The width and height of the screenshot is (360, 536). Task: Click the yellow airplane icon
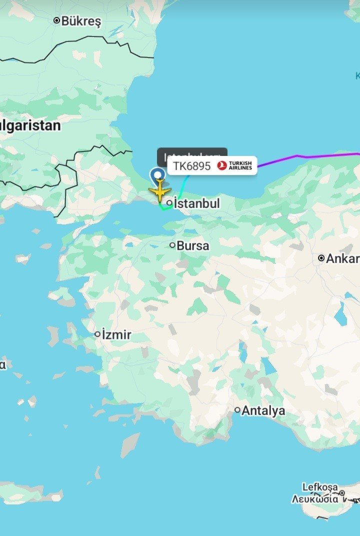click(159, 192)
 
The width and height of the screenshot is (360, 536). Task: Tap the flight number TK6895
click(191, 166)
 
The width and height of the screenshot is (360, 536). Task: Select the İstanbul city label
click(197, 203)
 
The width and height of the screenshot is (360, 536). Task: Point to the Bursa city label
click(193, 246)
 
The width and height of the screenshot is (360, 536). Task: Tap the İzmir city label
click(116, 334)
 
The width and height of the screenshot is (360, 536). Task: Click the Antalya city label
click(263, 411)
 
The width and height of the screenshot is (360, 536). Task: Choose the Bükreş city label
click(81, 21)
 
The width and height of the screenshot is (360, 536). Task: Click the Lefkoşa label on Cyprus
click(320, 487)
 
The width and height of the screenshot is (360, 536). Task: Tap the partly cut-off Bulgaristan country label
click(30, 125)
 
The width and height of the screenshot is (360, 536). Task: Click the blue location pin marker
click(158, 175)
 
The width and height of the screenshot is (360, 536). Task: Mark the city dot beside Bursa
click(172, 245)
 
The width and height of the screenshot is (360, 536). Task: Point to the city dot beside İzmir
click(97, 334)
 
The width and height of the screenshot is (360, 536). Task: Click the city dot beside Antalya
click(237, 410)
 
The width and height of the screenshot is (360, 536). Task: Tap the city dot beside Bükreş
click(56, 20)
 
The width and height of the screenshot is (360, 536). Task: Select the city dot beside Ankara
click(321, 258)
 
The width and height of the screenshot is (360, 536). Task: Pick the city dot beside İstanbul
click(170, 203)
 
